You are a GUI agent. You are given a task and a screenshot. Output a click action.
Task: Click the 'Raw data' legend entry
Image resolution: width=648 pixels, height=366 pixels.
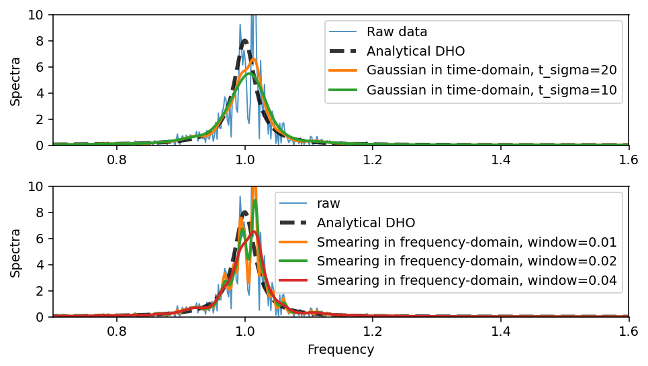(397, 32)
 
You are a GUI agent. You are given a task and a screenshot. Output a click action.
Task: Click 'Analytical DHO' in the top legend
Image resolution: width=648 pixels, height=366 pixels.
(416, 51)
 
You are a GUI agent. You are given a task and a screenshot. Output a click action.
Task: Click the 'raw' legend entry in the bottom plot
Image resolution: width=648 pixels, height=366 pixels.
(330, 203)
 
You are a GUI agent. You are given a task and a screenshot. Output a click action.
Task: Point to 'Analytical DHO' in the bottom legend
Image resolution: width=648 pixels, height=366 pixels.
(366, 223)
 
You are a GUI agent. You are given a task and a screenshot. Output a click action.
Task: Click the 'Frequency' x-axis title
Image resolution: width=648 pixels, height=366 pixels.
(340, 350)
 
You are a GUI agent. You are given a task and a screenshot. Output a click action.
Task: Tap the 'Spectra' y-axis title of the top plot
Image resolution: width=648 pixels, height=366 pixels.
(15, 81)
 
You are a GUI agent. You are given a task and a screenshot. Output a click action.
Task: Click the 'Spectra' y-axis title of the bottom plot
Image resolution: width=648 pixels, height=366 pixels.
(15, 253)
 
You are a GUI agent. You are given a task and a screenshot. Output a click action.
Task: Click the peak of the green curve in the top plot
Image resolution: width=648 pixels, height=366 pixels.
(249, 72)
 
